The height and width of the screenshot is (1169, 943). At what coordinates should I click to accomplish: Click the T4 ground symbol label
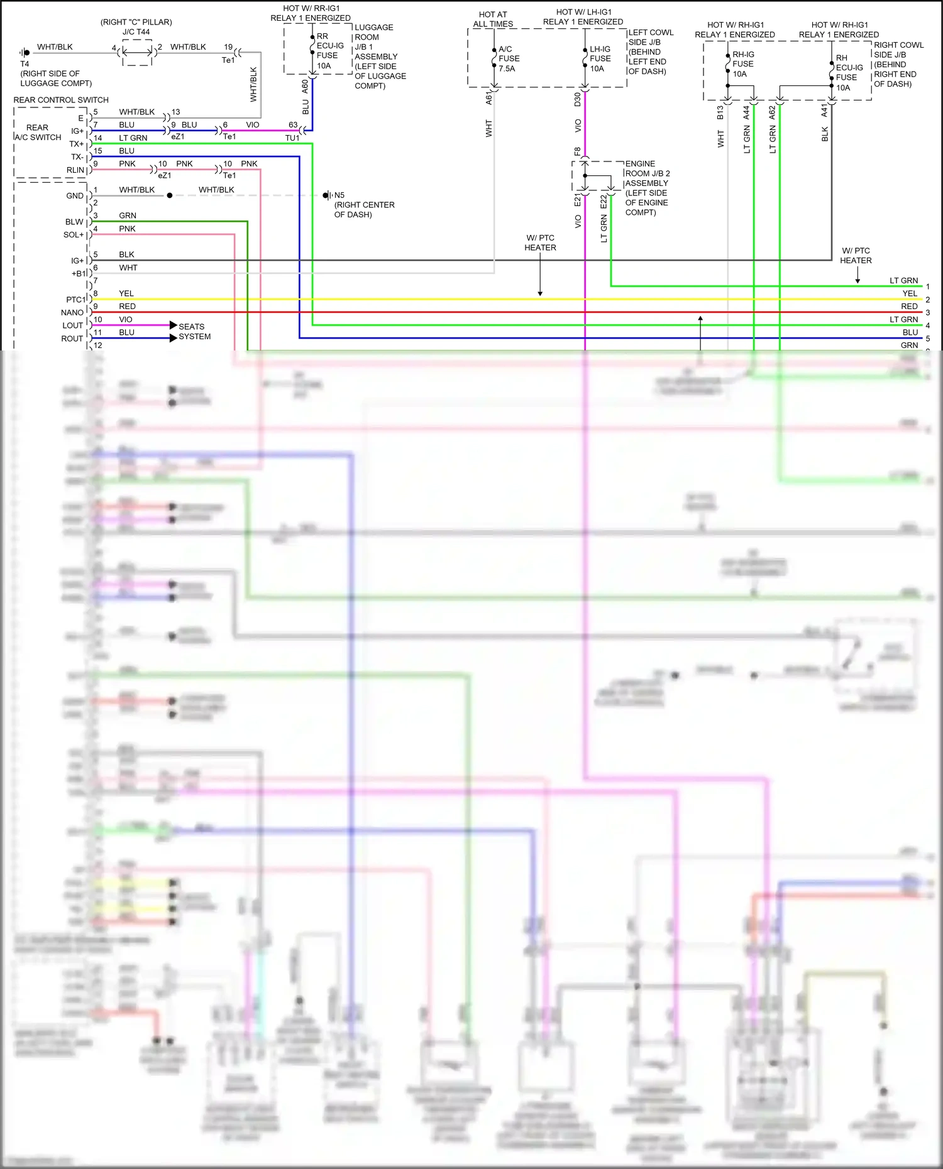[25, 63]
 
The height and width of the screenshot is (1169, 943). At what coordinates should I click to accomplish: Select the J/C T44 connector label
[136, 32]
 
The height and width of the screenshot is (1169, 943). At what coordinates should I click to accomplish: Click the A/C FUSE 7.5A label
[509, 59]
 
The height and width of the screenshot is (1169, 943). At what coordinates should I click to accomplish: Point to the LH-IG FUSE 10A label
[600, 59]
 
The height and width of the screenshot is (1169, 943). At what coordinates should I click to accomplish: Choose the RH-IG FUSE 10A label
[742, 64]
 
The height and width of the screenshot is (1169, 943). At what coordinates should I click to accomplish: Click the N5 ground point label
[339, 195]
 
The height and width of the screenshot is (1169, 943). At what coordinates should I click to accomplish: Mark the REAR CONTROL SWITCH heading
[61, 100]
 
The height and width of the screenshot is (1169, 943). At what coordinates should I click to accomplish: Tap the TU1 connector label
[292, 138]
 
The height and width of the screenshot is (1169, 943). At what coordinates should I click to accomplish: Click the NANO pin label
[72, 313]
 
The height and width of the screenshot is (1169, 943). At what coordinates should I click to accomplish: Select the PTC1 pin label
[75, 300]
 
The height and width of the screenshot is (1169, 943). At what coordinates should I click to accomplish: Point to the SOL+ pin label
[74, 235]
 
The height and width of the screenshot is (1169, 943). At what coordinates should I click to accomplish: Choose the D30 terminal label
[578, 99]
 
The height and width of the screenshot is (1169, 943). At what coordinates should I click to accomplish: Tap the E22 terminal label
[604, 202]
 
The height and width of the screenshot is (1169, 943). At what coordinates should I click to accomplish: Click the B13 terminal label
[720, 112]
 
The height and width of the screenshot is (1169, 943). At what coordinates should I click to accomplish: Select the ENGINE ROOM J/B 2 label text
[647, 173]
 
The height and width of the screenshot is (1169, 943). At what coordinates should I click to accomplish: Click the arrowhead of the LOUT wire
[174, 325]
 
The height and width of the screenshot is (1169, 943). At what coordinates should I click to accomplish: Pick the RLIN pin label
[75, 170]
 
